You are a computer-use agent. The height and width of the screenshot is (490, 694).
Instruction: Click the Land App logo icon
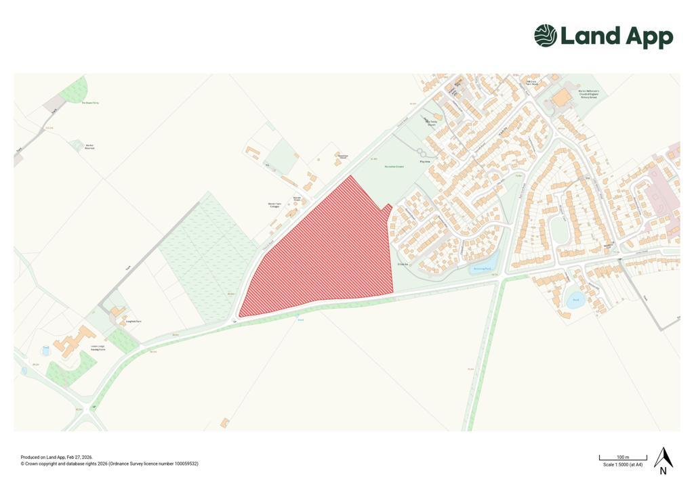pos(546,36)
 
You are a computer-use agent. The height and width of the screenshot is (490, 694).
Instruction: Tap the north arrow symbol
pos(663,458)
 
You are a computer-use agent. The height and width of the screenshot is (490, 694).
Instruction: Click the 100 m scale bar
pos(623,458)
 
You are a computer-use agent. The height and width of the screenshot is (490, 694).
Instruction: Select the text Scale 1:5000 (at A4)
pos(623,465)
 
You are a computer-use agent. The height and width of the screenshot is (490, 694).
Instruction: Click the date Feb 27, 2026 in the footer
pos(79,458)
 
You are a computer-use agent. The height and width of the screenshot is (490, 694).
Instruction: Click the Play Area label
pos(426,162)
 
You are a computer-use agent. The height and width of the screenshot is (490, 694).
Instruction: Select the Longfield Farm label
pos(133,321)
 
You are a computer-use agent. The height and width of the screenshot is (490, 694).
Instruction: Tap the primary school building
pos(562,98)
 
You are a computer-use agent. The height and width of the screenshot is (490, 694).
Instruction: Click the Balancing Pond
pos(483,268)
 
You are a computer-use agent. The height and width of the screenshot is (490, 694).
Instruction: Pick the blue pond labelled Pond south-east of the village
pos(575,300)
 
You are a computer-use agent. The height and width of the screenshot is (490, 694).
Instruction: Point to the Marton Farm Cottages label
pos(274,204)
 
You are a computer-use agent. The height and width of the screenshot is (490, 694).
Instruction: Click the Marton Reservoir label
pos(89,146)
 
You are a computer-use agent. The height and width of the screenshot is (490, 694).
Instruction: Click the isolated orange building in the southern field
pos(224,422)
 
